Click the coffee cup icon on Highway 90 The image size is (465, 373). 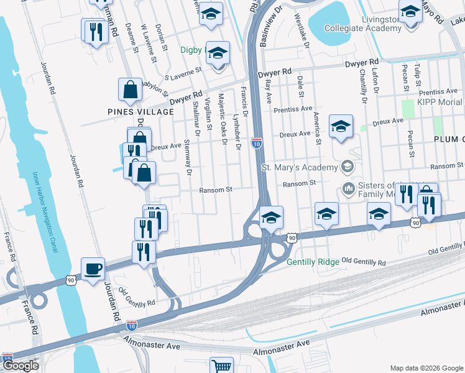tap(93, 269)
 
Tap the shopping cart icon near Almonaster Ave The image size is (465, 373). tap(221, 366)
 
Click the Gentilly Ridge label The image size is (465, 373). tap(313, 262)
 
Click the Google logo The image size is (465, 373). tap(21, 366)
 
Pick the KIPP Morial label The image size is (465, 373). tap(440, 102)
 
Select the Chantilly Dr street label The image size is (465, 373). tap(362, 86)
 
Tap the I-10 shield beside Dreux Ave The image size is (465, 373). tap(256, 144)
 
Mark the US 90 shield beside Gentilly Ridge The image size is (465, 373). tap(291, 237)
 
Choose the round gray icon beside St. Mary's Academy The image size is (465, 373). tap(347, 167)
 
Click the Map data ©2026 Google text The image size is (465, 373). tap(426, 367)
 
